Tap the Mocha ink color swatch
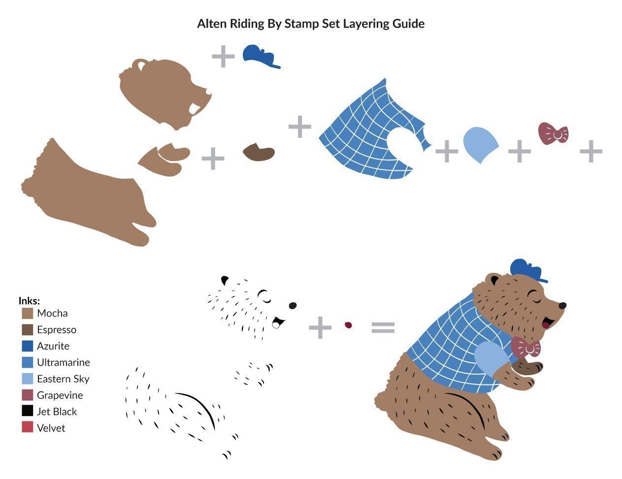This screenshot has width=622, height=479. coord(28,313)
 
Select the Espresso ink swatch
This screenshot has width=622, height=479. coord(28,330)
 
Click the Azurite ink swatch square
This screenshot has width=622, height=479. coord(28,346)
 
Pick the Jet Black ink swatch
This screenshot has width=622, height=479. coord(28,411)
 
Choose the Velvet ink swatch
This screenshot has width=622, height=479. coord(28,427)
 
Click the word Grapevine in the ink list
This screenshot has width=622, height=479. coord(60,396)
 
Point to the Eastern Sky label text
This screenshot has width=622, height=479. coord(63,379)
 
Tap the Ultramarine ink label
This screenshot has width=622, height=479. coord(64,362)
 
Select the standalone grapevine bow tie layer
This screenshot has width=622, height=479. coord(553,133)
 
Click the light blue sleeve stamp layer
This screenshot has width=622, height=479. coord(480,145)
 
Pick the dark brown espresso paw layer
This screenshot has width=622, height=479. coord(259,152)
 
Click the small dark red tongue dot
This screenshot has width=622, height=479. coord(348,325)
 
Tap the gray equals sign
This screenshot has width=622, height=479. coord(383,328)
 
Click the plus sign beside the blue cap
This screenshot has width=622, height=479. coord(223,57)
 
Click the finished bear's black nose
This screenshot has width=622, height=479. coord(562,306)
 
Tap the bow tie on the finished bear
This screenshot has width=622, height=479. coord(526,347)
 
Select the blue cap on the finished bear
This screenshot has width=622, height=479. coord(527,270)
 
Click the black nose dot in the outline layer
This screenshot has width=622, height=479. coord(293,306)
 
